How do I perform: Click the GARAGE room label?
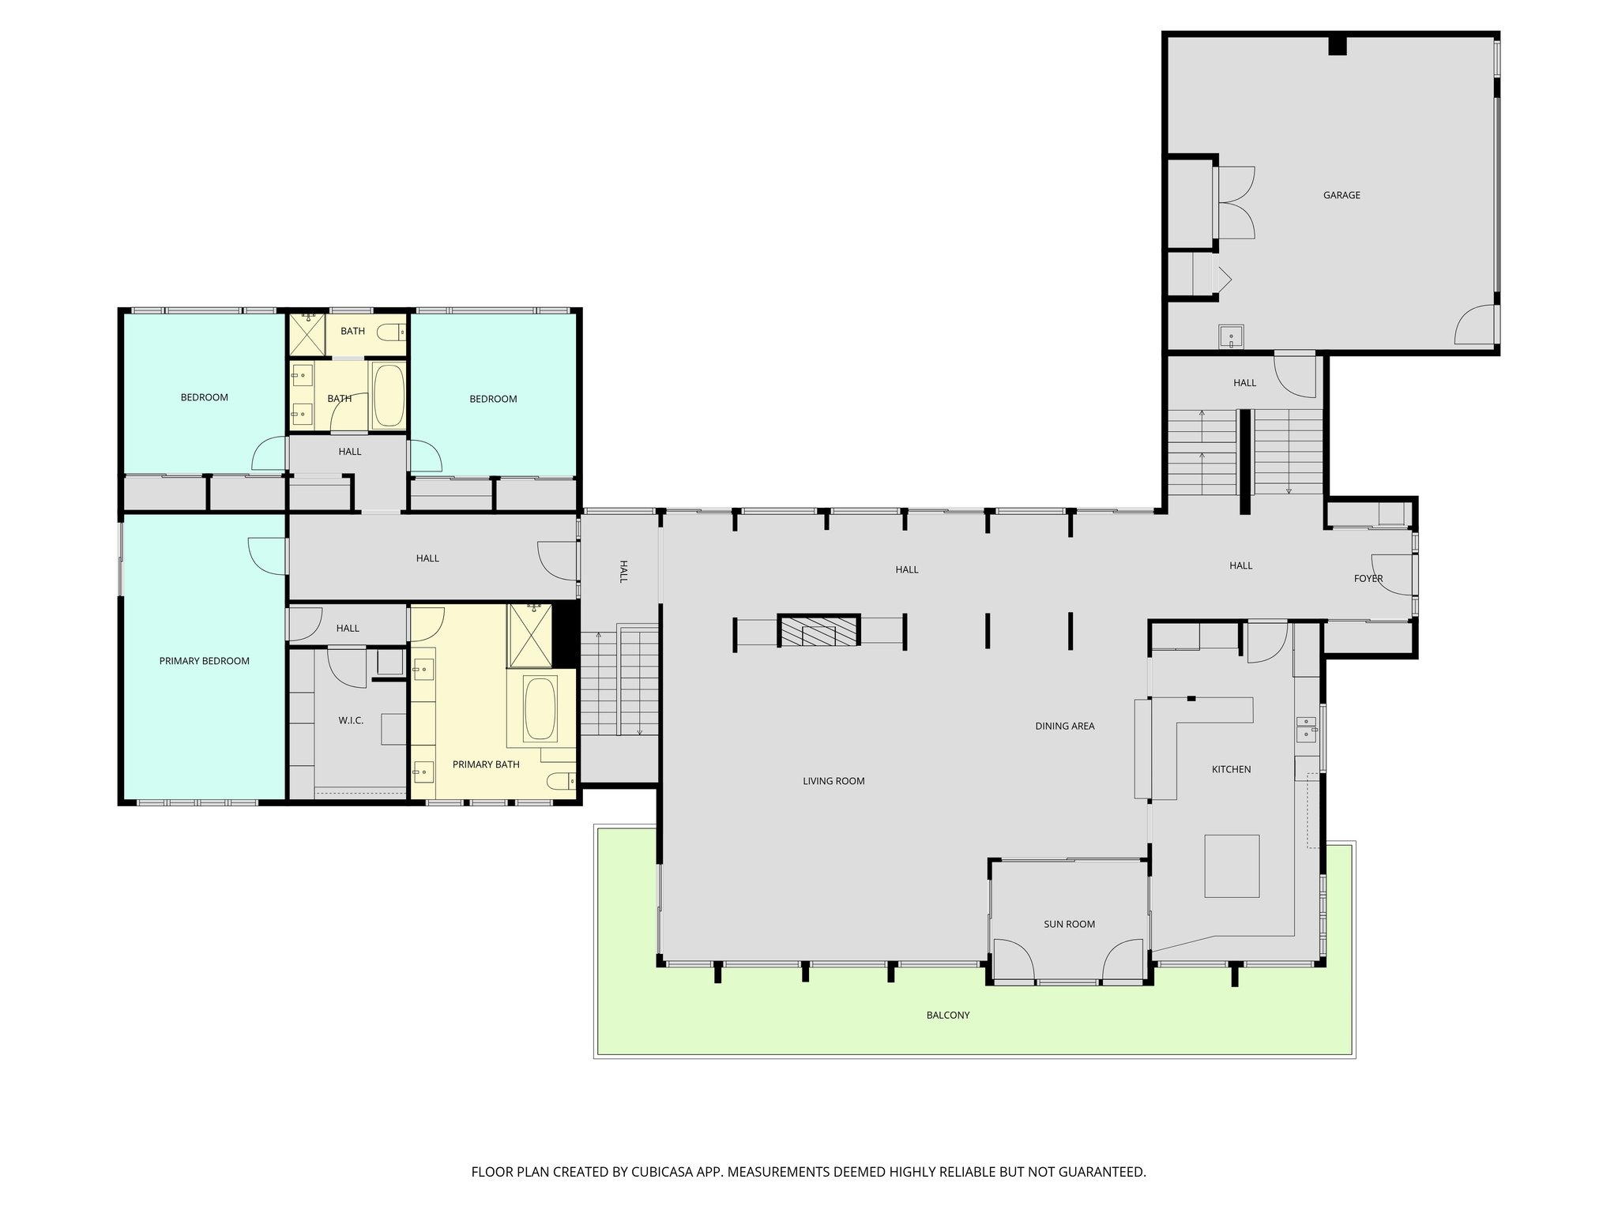1341,195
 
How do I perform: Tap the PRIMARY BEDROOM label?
204,661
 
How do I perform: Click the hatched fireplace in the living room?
818,632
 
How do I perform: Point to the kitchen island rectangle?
1232,866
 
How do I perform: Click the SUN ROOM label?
1069,924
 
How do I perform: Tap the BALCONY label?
947,1015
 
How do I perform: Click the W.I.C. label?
351,720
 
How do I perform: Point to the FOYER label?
1368,578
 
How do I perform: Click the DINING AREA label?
1064,726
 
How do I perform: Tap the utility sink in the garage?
1231,337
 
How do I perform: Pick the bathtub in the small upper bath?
388,395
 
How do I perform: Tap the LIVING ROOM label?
833,781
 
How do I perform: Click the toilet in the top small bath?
390,332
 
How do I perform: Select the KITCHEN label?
1231,769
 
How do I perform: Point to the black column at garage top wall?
1337,45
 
